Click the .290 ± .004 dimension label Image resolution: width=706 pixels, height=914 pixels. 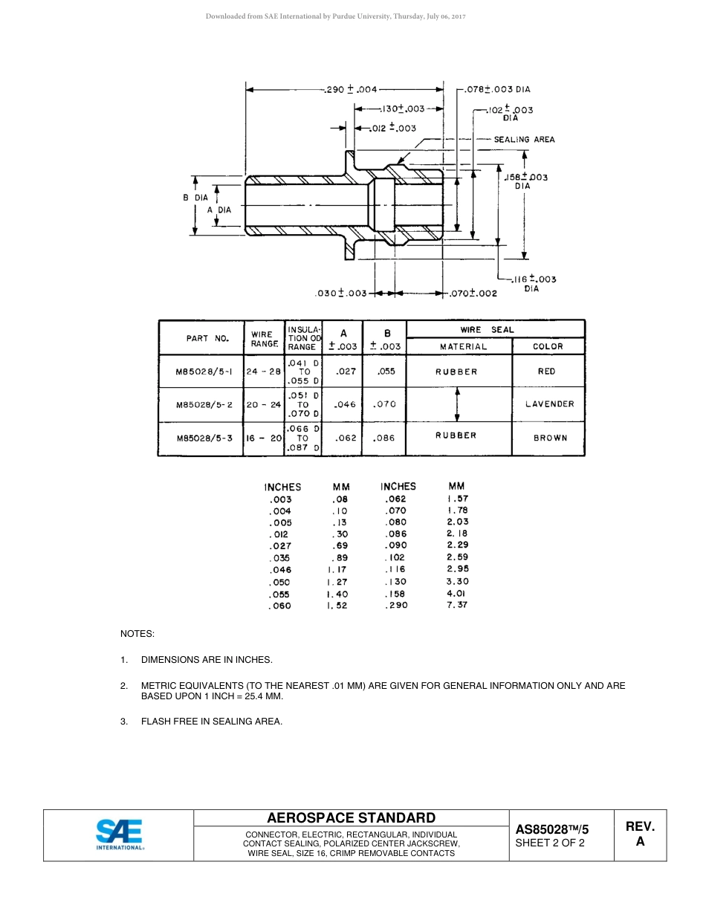(352, 89)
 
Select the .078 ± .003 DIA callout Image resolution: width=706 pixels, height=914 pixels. (497, 89)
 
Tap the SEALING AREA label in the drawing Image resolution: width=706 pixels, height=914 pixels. (524, 139)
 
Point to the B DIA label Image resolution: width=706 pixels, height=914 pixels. (195, 198)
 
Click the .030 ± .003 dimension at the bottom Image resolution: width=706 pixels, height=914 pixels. (340, 294)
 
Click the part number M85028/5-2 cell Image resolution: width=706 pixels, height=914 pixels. (204, 405)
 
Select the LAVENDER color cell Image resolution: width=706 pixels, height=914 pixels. (549, 404)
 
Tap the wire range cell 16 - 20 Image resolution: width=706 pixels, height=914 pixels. (264, 438)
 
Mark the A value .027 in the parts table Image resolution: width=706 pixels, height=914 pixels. (346, 372)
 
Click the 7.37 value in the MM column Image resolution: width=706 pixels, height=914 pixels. (457, 605)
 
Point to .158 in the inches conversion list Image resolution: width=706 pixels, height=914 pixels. (395, 594)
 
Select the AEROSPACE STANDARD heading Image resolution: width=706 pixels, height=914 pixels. (351, 817)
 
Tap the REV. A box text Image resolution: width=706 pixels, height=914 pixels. (640, 834)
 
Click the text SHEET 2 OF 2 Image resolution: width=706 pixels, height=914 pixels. (549, 843)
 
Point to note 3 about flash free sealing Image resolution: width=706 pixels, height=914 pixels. (211, 721)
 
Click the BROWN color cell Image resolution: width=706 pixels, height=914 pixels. (549, 438)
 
